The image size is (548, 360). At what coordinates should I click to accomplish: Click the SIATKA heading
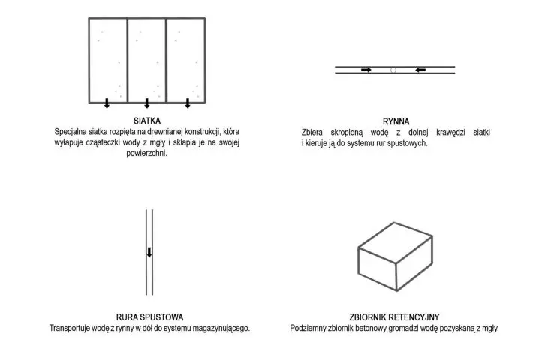point(147,121)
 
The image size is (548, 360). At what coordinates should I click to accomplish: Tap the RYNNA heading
point(396,121)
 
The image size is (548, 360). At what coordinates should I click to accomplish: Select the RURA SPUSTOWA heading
point(149,317)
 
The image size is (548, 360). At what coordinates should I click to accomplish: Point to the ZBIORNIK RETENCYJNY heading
point(394,317)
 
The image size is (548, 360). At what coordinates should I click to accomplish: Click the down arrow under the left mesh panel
point(107,103)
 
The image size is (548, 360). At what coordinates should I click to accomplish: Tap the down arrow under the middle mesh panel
point(147,103)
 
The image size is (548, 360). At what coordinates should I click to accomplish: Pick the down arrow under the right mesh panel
point(188,103)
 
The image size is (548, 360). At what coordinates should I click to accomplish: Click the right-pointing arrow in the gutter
point(366,70)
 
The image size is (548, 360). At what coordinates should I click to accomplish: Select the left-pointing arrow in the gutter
point(420,70)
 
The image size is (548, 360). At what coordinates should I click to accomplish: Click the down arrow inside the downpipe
point(149,252)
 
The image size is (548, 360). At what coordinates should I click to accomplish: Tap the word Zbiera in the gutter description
point(312,133)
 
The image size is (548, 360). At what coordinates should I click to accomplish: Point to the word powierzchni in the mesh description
point(147,154)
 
